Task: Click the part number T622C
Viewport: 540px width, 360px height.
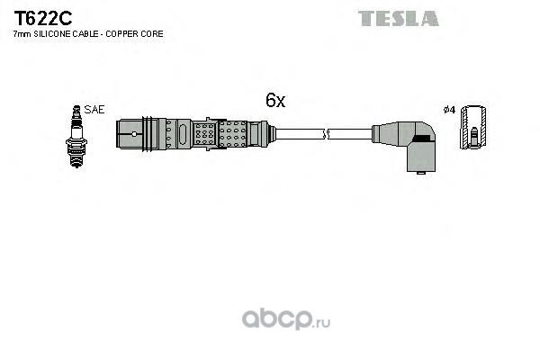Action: click(42, 18)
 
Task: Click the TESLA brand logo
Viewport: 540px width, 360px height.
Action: click(399, 19)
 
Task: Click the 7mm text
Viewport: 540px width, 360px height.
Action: click(22, 34)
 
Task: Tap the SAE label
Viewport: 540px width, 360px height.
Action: click(94, 110)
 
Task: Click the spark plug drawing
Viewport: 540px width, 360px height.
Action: click(76, 137)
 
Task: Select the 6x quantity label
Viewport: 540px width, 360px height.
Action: click(275, 100)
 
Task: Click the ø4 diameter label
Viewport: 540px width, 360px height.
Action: click(449, 110)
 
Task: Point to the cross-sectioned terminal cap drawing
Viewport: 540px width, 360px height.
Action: click(473, 127)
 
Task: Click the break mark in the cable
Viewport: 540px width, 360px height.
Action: click(326, 134)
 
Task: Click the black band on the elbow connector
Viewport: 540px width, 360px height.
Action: click(422, 138)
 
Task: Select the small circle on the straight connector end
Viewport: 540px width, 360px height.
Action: click(134, 134)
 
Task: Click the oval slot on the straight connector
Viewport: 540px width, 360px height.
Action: click(184, 134)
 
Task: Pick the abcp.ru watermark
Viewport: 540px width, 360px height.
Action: click(286, 319)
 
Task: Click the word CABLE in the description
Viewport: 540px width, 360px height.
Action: click(90, 34)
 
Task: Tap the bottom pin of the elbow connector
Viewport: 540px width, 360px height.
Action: click(420, 173)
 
